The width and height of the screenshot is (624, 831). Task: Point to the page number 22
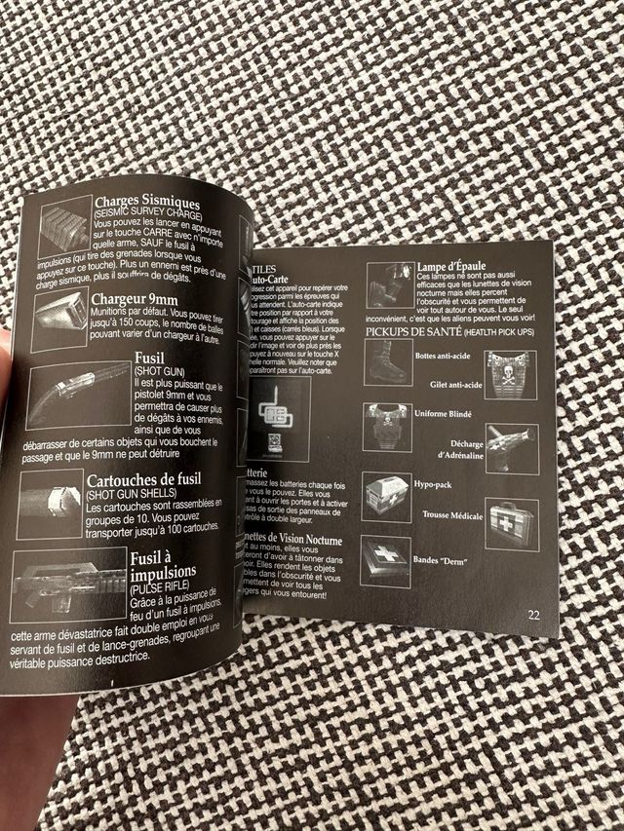coord(533,614)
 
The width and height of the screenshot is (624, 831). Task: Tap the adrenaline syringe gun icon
coord(509,443)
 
